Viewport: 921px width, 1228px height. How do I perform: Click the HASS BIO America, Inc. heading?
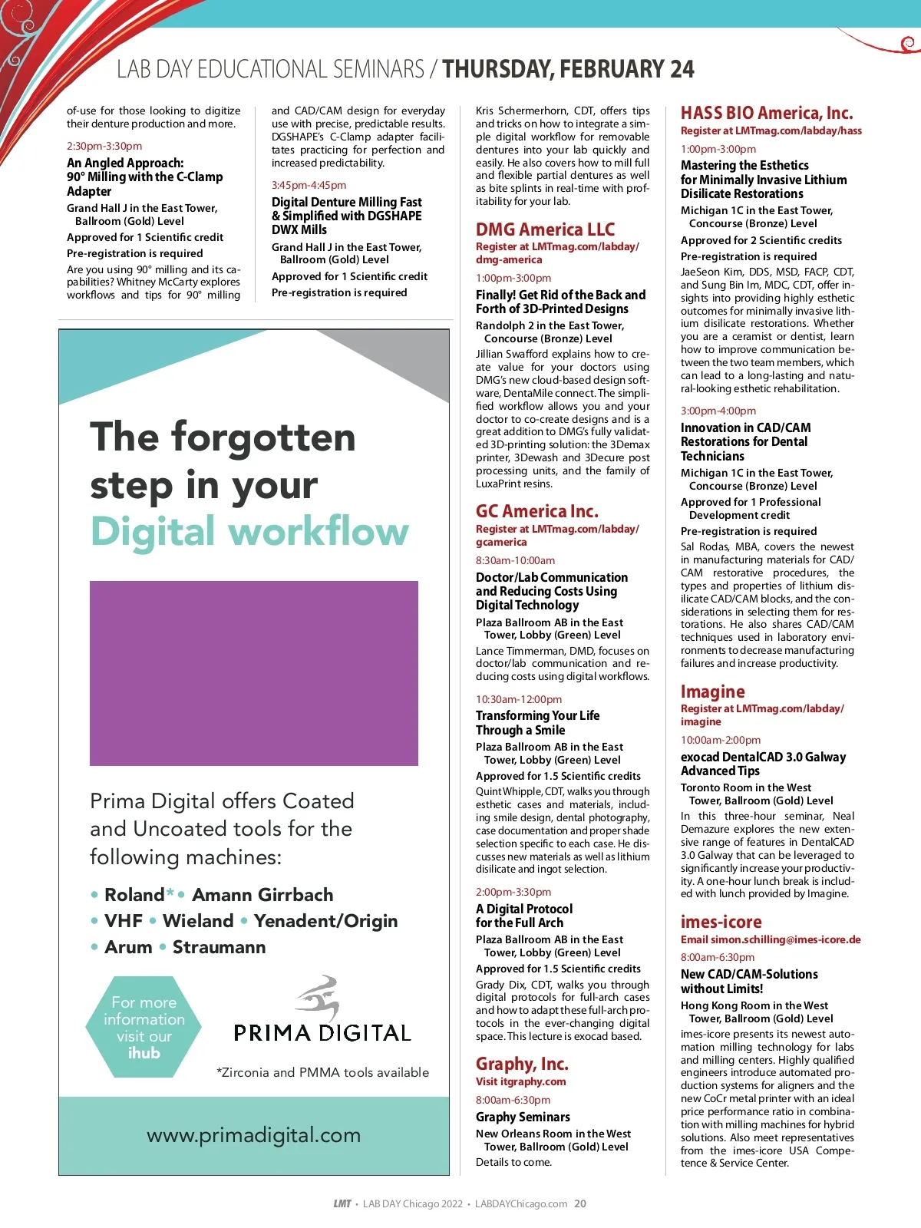[766, 114]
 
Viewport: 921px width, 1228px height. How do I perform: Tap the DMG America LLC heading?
[545, 229]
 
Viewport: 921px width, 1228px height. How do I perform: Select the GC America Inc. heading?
[536, 511]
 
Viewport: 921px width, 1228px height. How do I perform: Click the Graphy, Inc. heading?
[522, 1064]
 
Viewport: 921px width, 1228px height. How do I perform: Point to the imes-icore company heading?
[721, 922]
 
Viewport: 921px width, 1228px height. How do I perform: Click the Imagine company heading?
[712, 692]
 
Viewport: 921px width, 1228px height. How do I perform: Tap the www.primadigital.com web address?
[253, 1135]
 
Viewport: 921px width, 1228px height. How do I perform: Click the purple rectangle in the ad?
[253, 673]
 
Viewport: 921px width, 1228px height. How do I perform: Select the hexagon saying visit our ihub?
[144, 1027]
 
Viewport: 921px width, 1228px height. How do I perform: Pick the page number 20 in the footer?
[580, 1203]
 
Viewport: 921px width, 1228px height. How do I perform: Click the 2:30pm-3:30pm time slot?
[104, 146]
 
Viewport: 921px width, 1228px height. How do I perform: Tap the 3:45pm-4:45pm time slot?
[309, 185]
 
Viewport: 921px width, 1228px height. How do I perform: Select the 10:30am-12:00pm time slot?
[519, 699]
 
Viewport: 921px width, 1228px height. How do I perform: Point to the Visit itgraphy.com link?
[520, 1081]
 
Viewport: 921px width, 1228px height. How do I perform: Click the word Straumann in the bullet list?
[219, 947]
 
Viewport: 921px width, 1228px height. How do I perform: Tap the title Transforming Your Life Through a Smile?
[537, 723]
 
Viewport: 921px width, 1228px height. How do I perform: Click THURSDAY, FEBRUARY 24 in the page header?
[568, 70]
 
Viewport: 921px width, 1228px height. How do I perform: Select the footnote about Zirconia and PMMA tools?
[322, 1072]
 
